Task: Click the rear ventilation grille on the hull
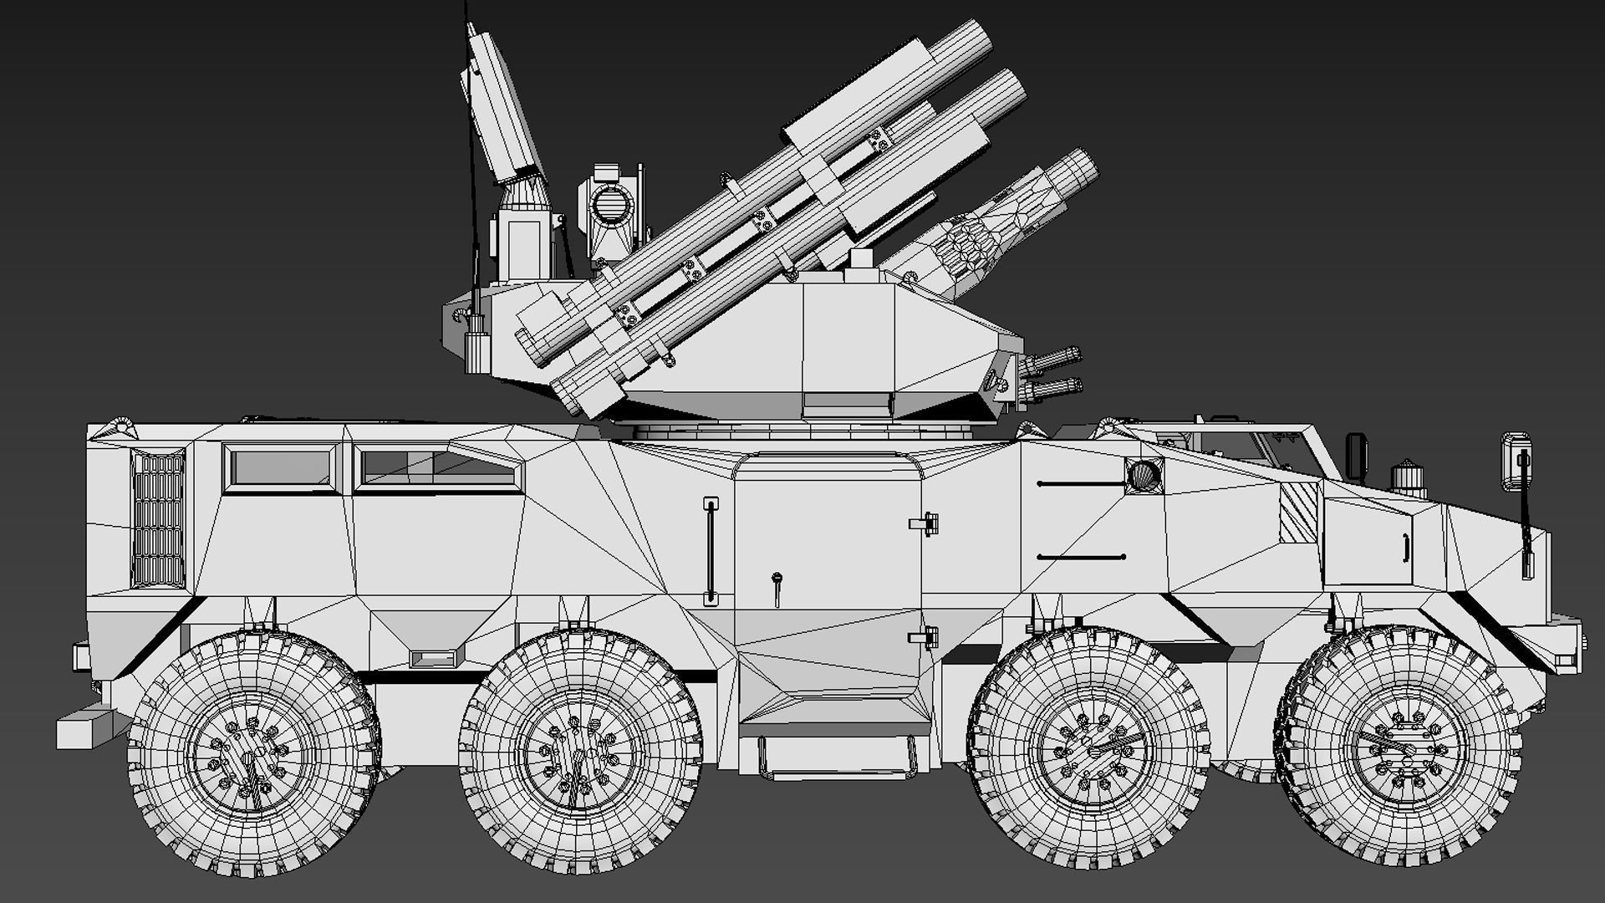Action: click(x=158, y=520)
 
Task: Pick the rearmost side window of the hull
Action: click(x=282, y=468)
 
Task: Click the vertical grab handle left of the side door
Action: click(x=711, y=552)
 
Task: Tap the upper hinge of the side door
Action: click(x=925, y=524)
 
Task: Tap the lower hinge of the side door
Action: click(x=925, y=639)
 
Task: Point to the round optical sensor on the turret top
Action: click(x=611, y=203)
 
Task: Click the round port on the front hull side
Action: click(x=1144, y=476)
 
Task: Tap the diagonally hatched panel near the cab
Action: click(x=1298, y=512)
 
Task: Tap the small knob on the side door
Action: click(x=777, y=579)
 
